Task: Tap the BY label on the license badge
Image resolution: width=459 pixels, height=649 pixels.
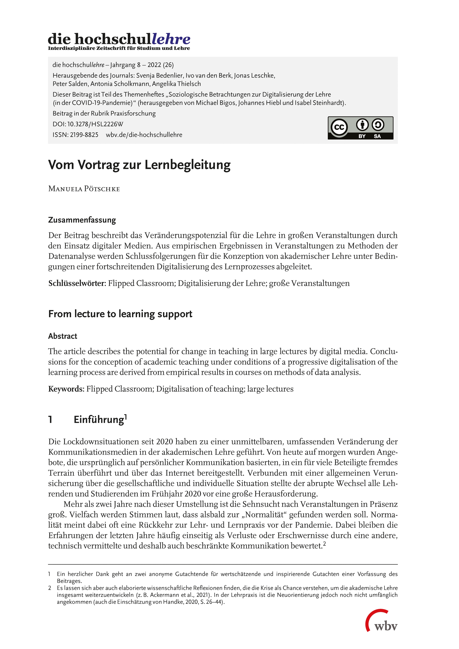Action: (x=362, y=136)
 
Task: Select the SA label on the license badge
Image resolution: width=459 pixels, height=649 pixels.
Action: (x=377, y=136)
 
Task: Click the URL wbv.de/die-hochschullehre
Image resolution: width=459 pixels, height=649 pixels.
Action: (x=144, y=135)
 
